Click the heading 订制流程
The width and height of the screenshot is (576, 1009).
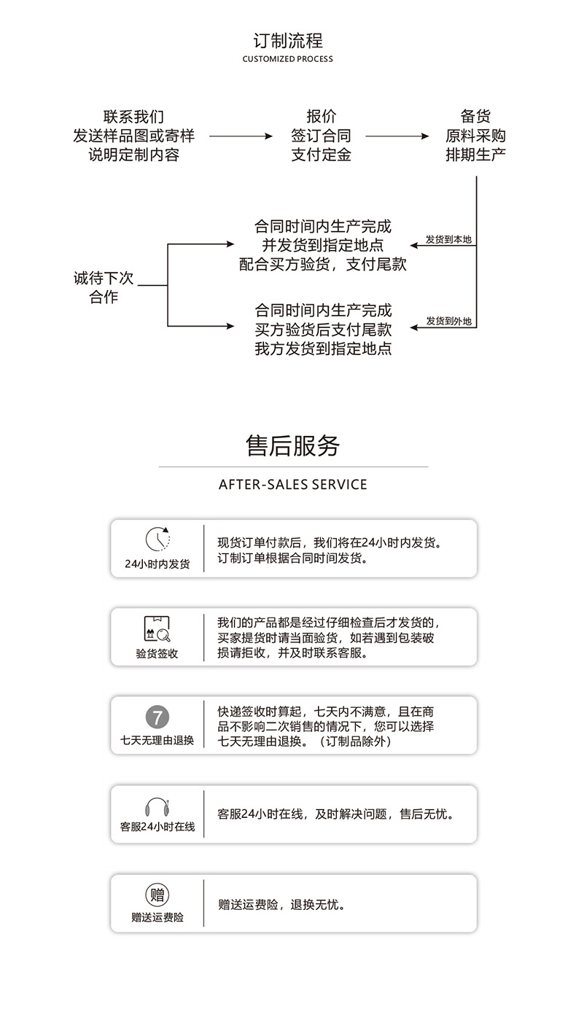pos(287,41)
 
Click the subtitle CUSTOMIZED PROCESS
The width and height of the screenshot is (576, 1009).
pos(287,59)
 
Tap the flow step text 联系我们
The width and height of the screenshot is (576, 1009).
pos(133,117)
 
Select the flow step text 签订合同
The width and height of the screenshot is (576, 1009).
pos(321,136)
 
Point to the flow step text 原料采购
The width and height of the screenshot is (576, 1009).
pos(475,136)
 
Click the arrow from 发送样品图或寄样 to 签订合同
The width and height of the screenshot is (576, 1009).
pos(241,136)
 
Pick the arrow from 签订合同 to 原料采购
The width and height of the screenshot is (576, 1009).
pos(397,136)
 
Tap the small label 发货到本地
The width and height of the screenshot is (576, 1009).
pos(448,239)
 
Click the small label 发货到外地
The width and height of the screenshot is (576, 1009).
pos(448,322)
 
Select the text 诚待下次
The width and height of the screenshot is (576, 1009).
pos(104,278)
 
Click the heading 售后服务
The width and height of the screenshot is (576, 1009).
pos(292,445)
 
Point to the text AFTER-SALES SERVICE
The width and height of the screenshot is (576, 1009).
pos(292,485)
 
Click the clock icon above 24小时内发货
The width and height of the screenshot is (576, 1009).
pos(157,539)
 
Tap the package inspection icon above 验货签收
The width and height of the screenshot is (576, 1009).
pos(157,628)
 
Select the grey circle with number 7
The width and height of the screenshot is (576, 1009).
pos(157,717)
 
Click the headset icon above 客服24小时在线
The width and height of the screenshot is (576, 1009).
pos(157,806)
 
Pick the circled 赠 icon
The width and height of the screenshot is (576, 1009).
pos(157,895)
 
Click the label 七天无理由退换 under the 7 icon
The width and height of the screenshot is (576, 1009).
pos(157,741)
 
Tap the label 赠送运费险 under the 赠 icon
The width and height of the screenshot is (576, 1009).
pos(157,918)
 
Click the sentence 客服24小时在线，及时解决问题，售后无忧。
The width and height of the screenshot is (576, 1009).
pos(338,814)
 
